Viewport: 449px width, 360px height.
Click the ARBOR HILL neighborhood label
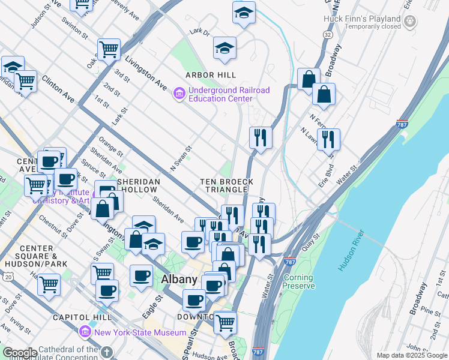(211, 75)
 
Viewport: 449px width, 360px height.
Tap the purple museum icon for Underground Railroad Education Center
(179, 94)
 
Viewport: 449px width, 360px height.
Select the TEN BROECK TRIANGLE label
(227, 185)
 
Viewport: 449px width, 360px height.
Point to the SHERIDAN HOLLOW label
(139, 185)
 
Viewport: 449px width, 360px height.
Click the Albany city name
(179, 280)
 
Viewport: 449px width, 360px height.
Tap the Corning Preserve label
(298, 281)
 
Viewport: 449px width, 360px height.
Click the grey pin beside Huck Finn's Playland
(410, 22)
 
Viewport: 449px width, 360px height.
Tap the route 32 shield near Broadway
(327, 35)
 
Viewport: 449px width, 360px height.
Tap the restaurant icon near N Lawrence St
(328, 139)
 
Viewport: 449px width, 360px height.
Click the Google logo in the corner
(19, 353)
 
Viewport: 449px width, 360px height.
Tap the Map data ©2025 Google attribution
(411, 355)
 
